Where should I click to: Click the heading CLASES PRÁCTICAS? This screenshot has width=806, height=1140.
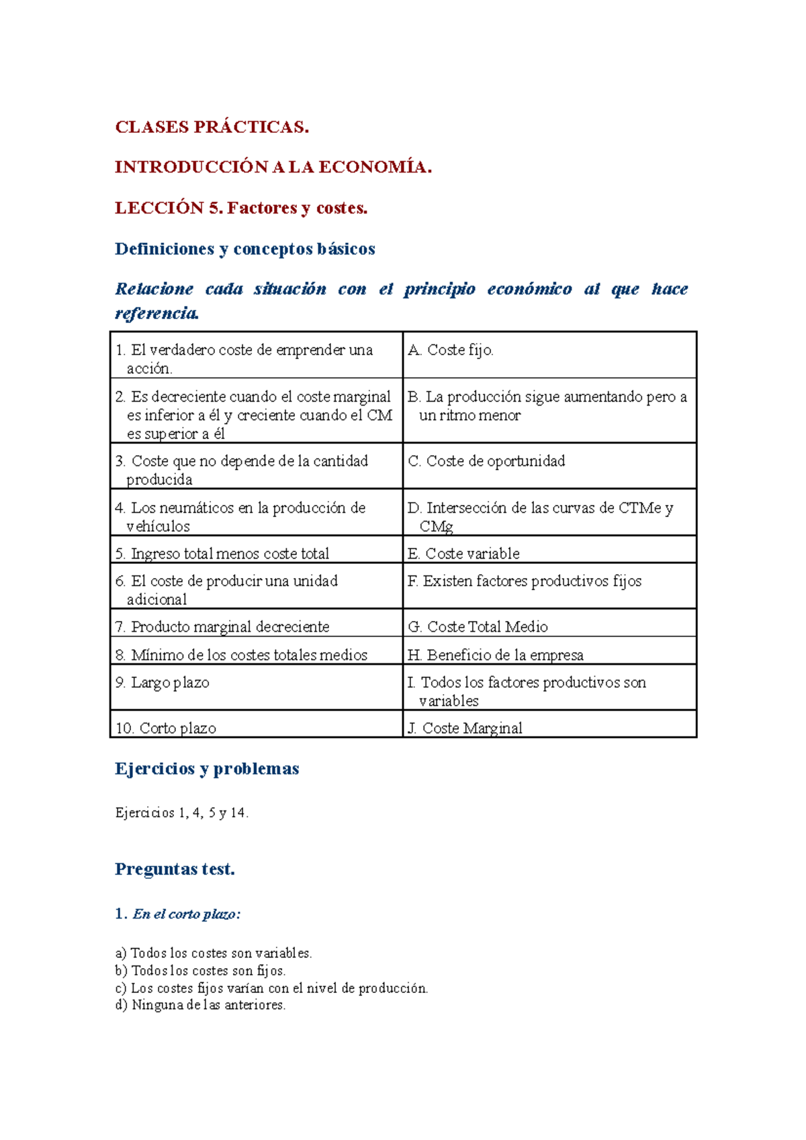click(212, 128)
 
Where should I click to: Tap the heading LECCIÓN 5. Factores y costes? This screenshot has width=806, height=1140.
click(241, 209)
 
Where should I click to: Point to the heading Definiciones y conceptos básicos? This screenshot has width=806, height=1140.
click(244, 249)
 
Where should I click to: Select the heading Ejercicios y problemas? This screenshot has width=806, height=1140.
click(207, 769)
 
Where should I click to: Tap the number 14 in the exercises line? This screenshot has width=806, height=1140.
click(238, 813)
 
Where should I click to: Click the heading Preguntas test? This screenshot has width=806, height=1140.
click(175, 869)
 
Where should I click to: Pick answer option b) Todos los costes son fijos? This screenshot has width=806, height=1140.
click(200, 971)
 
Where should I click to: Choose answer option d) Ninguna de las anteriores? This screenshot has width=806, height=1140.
click(200, 1006)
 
